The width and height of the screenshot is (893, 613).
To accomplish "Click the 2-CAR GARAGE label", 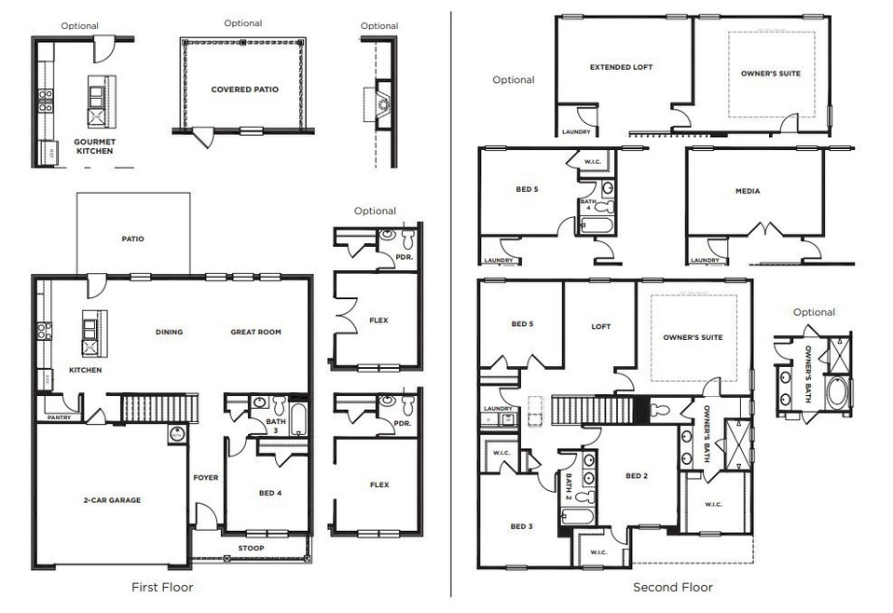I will pos(111,500).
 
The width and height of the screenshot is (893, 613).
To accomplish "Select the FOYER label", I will pos(206,478).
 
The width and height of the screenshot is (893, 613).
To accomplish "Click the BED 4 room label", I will pos(269,492).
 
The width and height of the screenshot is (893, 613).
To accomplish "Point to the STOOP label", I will pos(251,548).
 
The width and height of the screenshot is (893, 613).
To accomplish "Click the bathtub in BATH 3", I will pos(297,417).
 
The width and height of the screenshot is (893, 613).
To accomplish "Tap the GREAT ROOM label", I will pos(255,332).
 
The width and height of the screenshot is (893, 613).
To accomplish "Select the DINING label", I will pos(170,332).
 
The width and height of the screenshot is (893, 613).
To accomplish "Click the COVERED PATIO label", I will pos(244,89).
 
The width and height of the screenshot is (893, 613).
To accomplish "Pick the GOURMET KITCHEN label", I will pos(94,146).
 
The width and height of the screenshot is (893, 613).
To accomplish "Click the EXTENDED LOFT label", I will pos(621,67).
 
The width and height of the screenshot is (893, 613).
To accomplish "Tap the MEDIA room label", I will pos(747,191).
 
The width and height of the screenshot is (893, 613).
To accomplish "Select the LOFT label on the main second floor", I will pos(600,327).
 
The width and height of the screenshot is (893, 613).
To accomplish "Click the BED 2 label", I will pos(636,476).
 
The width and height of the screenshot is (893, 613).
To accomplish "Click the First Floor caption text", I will pos(162,587).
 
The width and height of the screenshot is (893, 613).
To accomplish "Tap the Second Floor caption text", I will pos(672,587).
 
